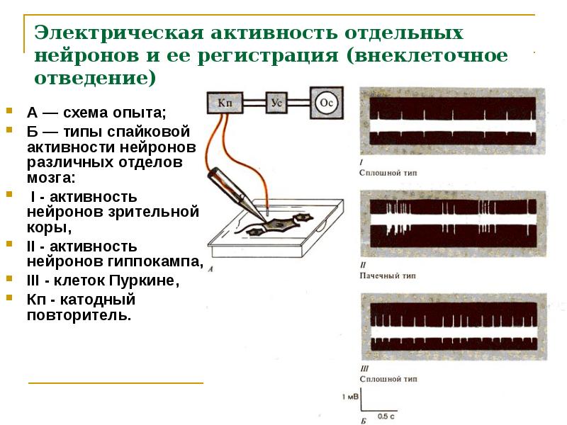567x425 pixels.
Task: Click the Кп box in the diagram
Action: [225, 103]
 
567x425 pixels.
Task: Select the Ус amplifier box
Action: [278, 103]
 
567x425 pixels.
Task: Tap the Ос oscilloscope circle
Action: [328, 102]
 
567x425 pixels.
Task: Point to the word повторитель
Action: [79, 314]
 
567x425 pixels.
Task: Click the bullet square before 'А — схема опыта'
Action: [10, 112]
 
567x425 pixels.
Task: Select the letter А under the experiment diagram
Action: [211, 268]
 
